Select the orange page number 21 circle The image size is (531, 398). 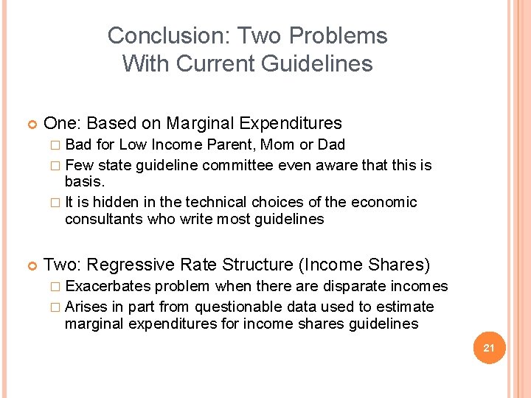[488, 347]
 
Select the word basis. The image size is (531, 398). [83, 181]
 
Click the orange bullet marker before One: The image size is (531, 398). [30, 124]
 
